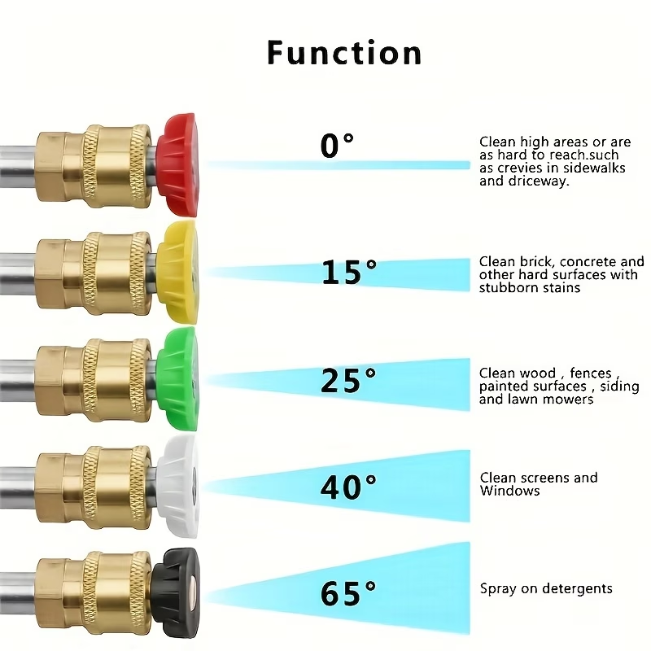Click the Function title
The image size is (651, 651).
(344, 52)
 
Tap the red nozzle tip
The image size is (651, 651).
(177, 165)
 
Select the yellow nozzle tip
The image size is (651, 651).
(177, 272)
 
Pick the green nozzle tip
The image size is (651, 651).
(177, 378)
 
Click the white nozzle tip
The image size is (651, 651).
(177, 486)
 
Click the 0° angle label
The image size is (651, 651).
(337, 146)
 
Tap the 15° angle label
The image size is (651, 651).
(349, 272)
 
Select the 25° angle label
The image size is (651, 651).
(348, 380)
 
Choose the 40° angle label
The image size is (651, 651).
(348, 487)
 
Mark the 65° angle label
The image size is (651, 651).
(348, 593)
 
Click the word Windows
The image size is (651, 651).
(510, 491)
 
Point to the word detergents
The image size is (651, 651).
(578, 589)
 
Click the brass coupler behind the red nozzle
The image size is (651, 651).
(94, 165)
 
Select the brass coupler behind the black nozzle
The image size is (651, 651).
(94, 593)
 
